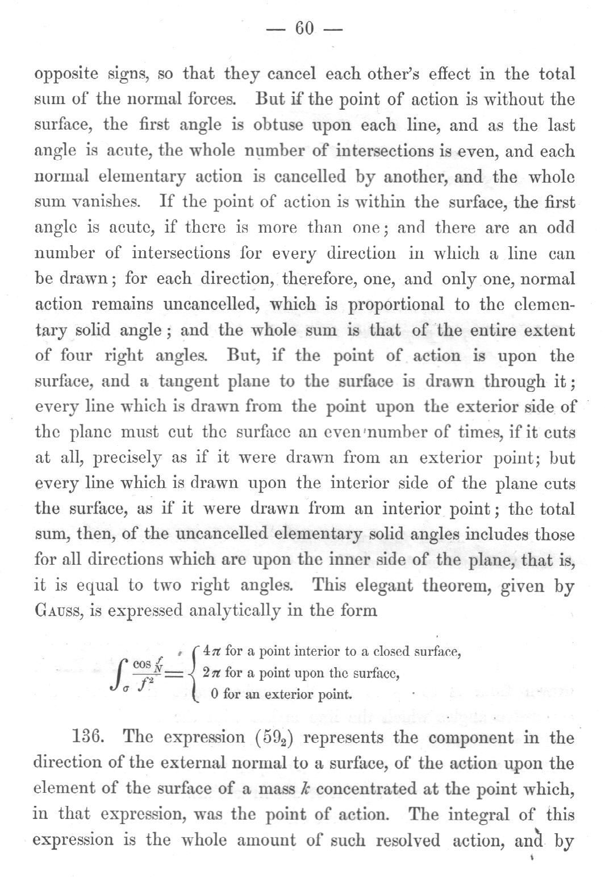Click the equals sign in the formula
(176, 673)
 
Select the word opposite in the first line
(67, 75)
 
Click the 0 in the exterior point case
(214, 694)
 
